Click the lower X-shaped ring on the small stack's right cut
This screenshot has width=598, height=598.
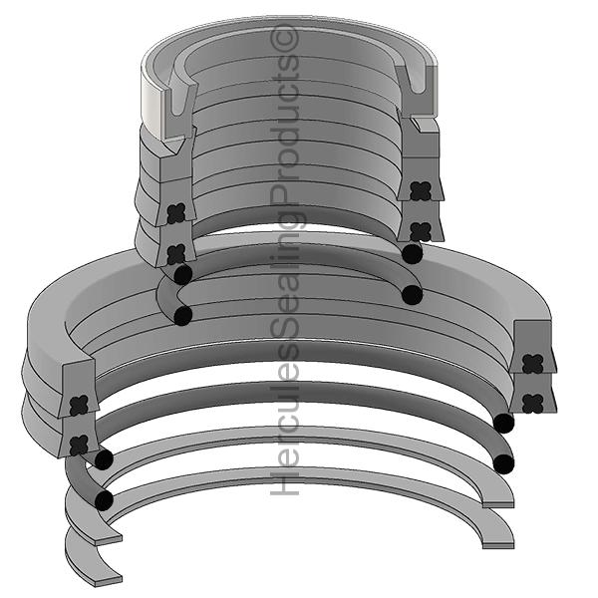click(x=419, y=228)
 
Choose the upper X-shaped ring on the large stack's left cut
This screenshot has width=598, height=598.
click(x=80, y=404)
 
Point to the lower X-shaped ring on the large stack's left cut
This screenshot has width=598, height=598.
click(x=79, y=443)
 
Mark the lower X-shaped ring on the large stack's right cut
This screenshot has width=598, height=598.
click(x=532, y=402)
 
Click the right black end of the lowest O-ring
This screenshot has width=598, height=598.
click(x=504, y=463)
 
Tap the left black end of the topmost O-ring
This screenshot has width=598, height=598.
click(x=182, y=273)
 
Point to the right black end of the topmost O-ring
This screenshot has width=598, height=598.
click(x=412, y=253)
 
